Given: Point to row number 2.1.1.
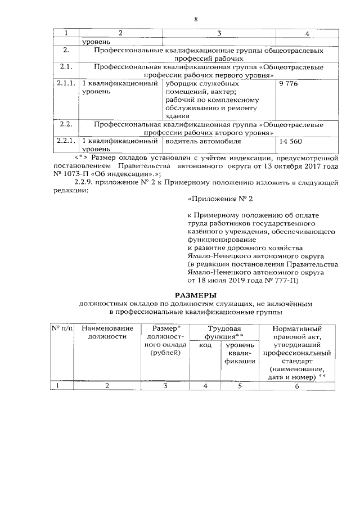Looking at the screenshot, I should (x=66, y=84).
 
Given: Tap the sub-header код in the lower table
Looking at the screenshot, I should (x=205, y=345).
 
